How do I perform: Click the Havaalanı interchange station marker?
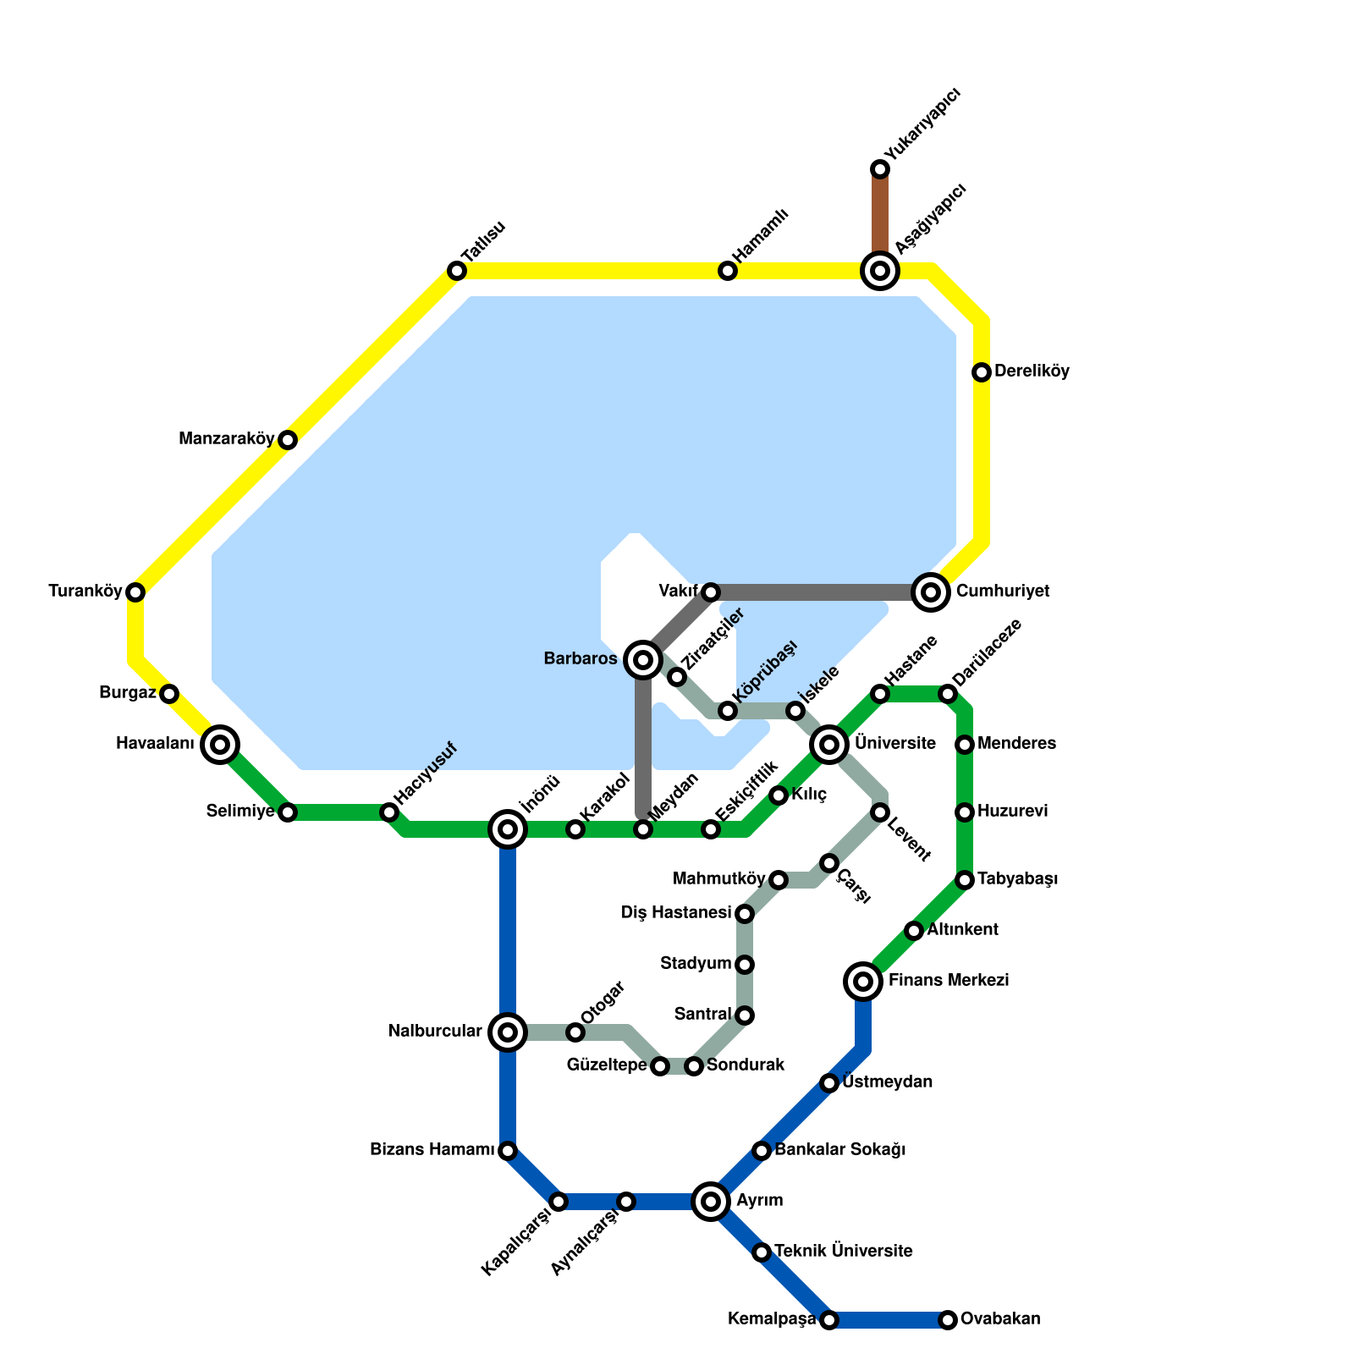220,745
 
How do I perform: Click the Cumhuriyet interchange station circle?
931,592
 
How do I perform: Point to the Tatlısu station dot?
457,271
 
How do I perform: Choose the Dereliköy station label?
1032,372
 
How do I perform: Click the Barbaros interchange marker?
643,660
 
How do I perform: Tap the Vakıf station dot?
711,592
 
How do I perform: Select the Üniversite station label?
894,744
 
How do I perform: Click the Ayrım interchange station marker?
711,1202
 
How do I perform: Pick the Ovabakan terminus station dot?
948,1320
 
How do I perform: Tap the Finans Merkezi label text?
948,981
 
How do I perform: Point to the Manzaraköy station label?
227,439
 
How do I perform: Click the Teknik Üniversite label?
843,1251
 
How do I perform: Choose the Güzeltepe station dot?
660,1066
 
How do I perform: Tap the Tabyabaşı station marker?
965,880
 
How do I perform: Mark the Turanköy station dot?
135,592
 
